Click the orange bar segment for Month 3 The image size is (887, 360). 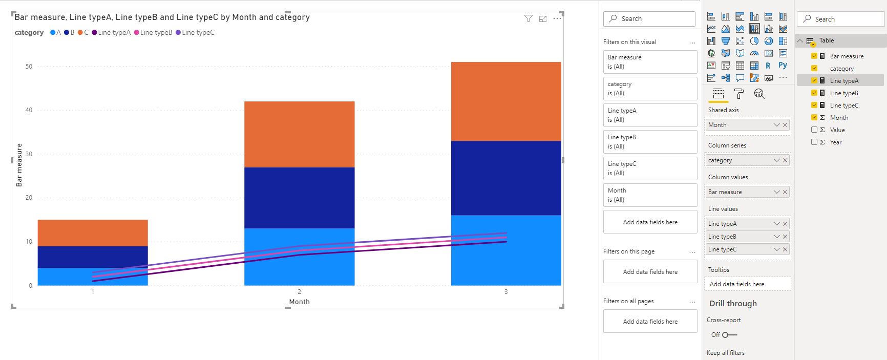[506, 101]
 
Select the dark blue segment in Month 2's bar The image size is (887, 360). [299, 198]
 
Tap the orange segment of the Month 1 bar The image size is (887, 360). [93, 233]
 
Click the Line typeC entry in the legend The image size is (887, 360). [195, 32]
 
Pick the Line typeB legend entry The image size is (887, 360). [153, 32]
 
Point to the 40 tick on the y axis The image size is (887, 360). [29, 110]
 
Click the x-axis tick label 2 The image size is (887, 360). [300, 292]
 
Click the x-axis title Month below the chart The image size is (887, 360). [299, 302]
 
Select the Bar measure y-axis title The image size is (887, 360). [19, 165]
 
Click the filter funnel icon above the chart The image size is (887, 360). [529, 18]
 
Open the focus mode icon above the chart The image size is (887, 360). [543, 19]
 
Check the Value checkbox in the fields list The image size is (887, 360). [814, 130]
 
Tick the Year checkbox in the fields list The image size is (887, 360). [814, 142]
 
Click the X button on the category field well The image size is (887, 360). [785, 160]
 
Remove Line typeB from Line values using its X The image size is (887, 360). [785, 237]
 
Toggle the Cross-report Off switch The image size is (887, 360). [730, 335]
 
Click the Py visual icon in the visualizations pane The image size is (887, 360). [783, 65]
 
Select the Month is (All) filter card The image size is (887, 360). [650, 195]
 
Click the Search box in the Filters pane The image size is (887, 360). [649, 18]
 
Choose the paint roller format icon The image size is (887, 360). [738, 94]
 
